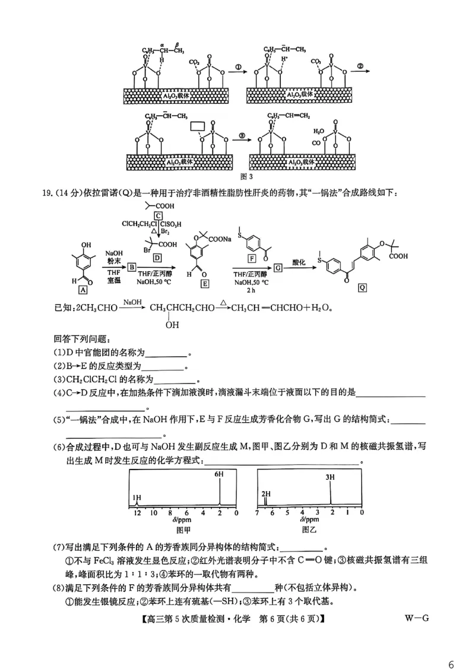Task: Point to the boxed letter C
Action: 158,215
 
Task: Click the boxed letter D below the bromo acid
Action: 157,258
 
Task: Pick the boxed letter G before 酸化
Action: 278,268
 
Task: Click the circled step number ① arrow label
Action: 237,68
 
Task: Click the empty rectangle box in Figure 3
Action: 198,127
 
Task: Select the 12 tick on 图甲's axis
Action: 137,512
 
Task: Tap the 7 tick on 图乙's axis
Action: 257,512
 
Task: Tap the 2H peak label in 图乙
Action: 266,493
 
